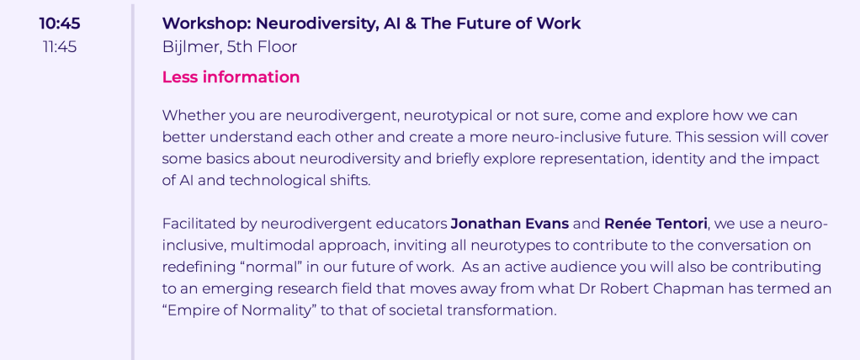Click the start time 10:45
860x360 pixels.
pyautogui.click(x=59, y=24)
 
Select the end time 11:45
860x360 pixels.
pyautogui.click(x=60, y=47)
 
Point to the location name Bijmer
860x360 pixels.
pyautogui.click(x=191, y=47)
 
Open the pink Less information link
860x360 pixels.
pyautogui.click(x=231, y=77)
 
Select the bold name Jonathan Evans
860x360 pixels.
pyautogui.click(x=510, y=224)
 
